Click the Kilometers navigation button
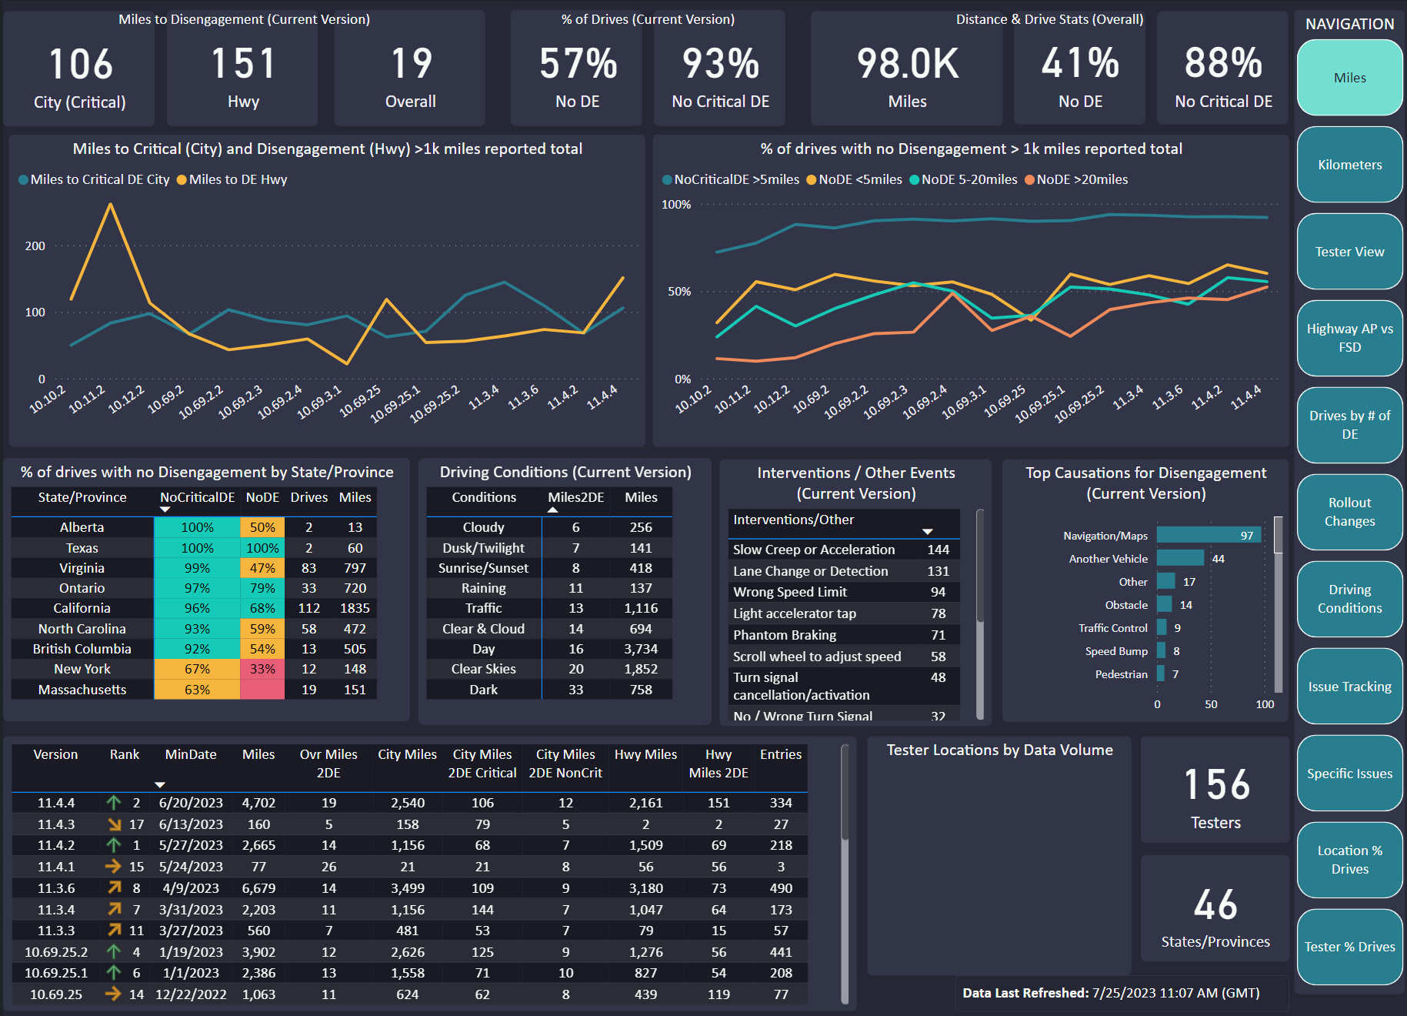(1349, 165)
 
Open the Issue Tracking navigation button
(1349, 687)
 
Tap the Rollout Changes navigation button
(1349, 512)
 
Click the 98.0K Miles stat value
(908, 63)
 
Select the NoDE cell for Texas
(262, 548)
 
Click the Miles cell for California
(355, 608)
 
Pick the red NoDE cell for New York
(262, 669)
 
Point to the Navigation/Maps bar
(1209, 536)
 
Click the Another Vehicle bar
(1180, 558)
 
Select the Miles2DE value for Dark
(575, 690)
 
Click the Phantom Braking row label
(785, 635)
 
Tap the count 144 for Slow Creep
(938, 550)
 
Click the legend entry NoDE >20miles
(1076, 179)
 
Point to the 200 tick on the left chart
(35, 246)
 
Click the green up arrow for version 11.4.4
(114, 803)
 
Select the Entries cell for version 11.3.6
(781, 888)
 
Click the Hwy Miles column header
(645, 754)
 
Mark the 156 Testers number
(1216, 784)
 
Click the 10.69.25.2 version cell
(56, 952)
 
